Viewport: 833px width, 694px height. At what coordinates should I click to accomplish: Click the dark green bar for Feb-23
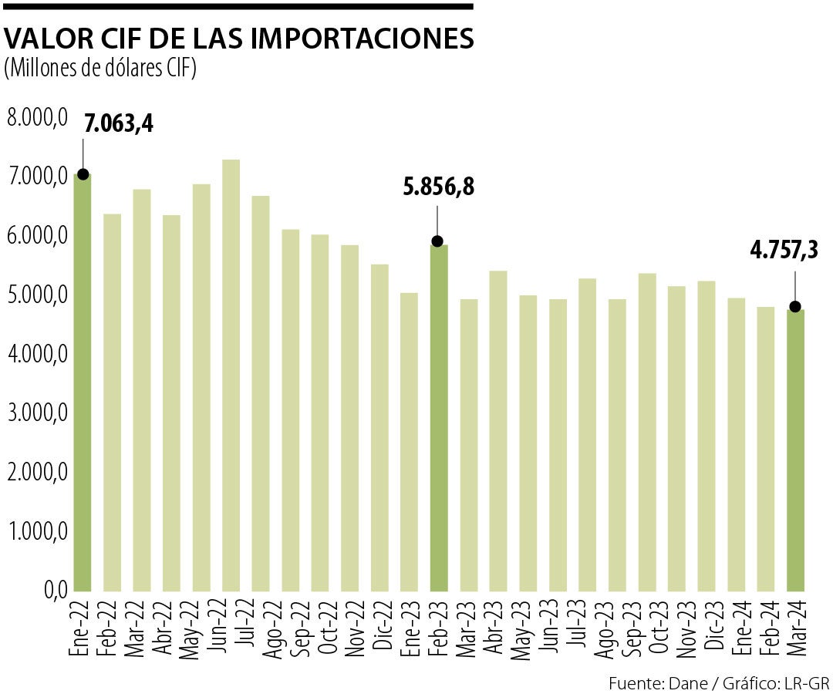point(438,416)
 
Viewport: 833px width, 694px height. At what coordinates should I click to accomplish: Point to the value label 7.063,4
point(119,123)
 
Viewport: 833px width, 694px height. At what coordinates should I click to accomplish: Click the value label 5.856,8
point(438,187)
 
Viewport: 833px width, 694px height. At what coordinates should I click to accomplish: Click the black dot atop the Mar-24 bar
point(795,307)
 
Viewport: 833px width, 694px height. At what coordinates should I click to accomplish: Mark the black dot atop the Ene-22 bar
point(83,174)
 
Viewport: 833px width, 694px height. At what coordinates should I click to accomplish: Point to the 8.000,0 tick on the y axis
point(37,118)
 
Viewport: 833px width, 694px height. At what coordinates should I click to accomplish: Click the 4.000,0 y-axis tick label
point(37,354)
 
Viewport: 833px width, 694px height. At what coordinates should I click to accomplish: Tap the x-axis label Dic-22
point(380,625)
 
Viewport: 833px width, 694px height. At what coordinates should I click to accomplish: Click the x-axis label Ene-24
point(737,625)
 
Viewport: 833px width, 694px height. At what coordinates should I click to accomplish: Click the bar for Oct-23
point(646,432)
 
